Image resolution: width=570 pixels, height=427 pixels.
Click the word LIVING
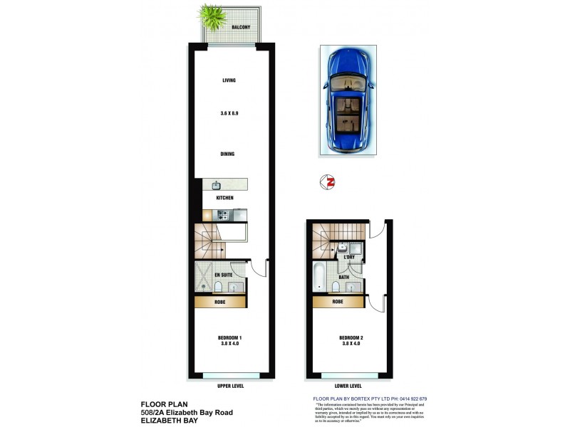click(x=229, y=80)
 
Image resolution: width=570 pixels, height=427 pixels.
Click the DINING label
click(x=228, y=154)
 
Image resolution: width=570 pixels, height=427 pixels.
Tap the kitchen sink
click(x=215, y=184)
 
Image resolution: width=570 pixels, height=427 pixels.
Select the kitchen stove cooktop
click(x=222, y=214)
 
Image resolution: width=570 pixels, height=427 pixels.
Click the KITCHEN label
click(x=225, y=198)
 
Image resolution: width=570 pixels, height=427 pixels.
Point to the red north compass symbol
click(x=330, y=182)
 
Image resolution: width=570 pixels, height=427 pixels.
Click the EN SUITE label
click(x=223, y=274)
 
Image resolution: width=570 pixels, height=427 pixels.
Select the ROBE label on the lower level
click(x=338, y=302)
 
